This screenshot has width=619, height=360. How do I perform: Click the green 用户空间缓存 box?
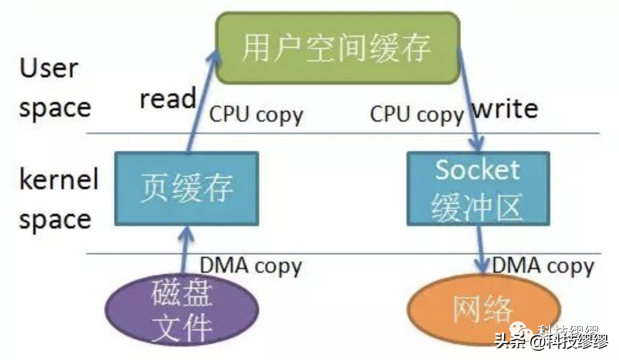tap(337, 47)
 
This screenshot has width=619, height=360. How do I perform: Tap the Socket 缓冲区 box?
tap(478, 188)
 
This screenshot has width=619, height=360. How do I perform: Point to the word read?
tap(168, 99)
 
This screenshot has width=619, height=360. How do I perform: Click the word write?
tap(504, 109)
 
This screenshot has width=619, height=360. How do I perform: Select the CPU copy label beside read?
tap(257, 115)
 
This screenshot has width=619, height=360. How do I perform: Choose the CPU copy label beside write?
tap(417, 115)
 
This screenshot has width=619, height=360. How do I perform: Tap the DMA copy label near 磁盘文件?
tap(251, 266)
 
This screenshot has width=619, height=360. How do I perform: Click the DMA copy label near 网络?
tap(543, 266)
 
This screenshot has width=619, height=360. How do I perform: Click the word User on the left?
tap(49, 68)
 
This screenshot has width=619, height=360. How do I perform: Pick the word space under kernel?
tap(55, 219)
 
